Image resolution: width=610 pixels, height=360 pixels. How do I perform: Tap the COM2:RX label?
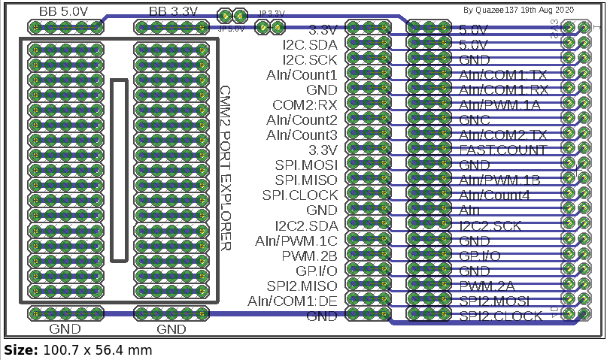pyautogui.click(x=305, y=104)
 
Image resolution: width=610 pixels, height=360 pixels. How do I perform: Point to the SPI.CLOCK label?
pyautogui.click(x=300, y=195)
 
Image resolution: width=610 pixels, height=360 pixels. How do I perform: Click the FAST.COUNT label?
pyautogui.click(x=503, y=150)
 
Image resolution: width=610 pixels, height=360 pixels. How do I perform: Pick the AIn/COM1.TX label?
pyautogui.click(x=503, y=75)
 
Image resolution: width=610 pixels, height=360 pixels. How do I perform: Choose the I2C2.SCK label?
pyautogui.click(x=490, y=225)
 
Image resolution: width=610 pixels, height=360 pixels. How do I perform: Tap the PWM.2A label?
pyautogui.click(x=487, y=286)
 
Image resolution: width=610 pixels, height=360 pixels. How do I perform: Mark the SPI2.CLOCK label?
pyautogui.click(x=500, y=316)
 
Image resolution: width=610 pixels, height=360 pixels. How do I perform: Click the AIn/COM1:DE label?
pyautogui.click(x=293, y=301)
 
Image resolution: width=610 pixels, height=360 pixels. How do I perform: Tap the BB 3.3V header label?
pyautogui.click(x=173, y=11)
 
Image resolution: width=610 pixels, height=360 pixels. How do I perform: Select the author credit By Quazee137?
pyautogui.click(x=518, y=10)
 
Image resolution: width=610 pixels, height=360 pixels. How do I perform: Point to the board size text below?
pyautogui.click(x=78, y=350)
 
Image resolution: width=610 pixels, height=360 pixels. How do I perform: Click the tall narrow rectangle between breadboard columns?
pyautogui.click(x=119, y=170)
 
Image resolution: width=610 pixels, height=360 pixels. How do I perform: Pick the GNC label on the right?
pyautogui.click(x=475, y=119)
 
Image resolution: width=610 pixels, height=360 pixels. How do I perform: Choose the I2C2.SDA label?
pyautogui.click(x=306, y=225)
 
